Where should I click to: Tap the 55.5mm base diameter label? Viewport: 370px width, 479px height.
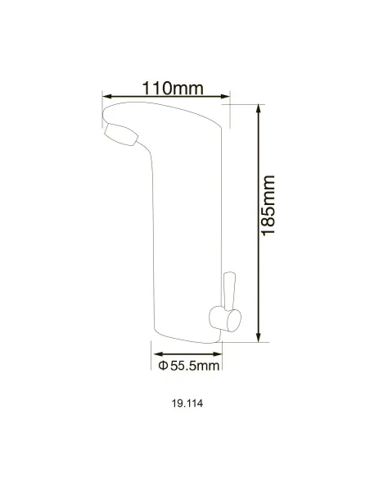pos(188,364)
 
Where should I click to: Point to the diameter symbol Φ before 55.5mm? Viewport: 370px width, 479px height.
pos(162,364)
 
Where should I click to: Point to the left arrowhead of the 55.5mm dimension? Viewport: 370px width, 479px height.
pos(155,353)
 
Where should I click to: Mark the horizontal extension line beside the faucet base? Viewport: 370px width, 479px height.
pos(246,340)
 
